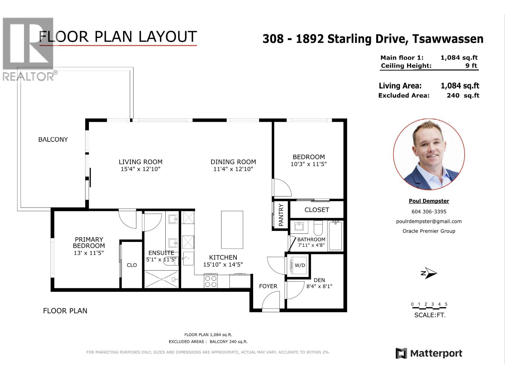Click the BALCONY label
click(53, 140)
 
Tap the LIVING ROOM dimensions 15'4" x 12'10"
click(140, 169)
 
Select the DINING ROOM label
click(233, 162)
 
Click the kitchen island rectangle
click(232, 230)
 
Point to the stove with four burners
click(211, 281)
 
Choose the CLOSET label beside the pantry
click(317, 210)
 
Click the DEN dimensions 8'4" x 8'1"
click(319, 286)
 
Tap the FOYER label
click(268, 286)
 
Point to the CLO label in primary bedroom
click(132, 265)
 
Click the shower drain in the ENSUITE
click(162, 279)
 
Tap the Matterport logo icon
click(401, 353)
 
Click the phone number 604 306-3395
click(429, 212)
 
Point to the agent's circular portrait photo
click(429, 154)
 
